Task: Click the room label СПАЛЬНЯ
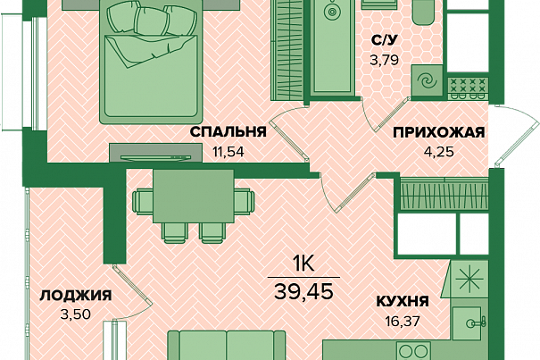tap(228, 132)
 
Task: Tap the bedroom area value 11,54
tap(228, 152)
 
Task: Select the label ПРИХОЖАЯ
tap(439, 132)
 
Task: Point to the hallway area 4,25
tap(440, 151)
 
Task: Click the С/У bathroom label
tap(384, 40)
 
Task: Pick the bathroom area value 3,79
tap(384, 60)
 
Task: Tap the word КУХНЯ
tap(403, 301)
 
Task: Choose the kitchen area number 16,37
tap(403, 322)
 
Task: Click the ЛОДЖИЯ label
tap(75, 296)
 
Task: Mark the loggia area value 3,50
tap(75, 314)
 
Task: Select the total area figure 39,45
tap(303, 292)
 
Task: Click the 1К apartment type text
tap(303, 264)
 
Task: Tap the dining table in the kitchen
tap(194, 197)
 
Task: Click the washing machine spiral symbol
tap(427, 81)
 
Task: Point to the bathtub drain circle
tap(332, 12)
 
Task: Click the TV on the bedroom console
tap(155, 157)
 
